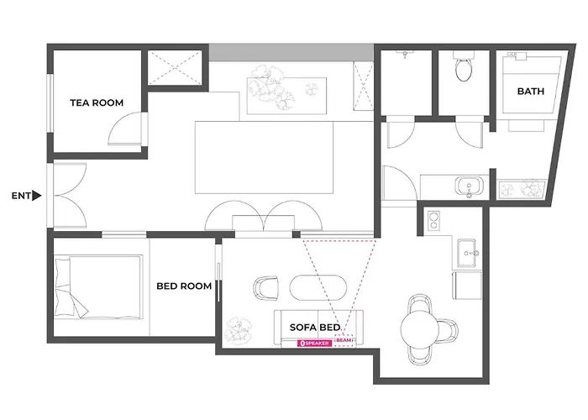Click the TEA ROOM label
[97, 102]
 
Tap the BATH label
[531, 91]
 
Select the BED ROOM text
[184, 286]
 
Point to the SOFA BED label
[315, 327]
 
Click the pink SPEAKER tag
[315, 343]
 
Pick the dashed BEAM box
[344, 340]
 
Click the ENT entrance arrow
[36, 196]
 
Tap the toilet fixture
[464, 67]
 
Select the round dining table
[419, 329]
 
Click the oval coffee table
[318, 288]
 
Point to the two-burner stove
[434, 221]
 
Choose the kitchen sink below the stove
[466, 253]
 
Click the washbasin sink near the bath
[469, 186]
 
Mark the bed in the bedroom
[98, 287]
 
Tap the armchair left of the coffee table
[266, 288]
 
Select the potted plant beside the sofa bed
[239, 332]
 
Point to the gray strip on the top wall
[291, 52]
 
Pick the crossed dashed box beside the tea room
[175, 68]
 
